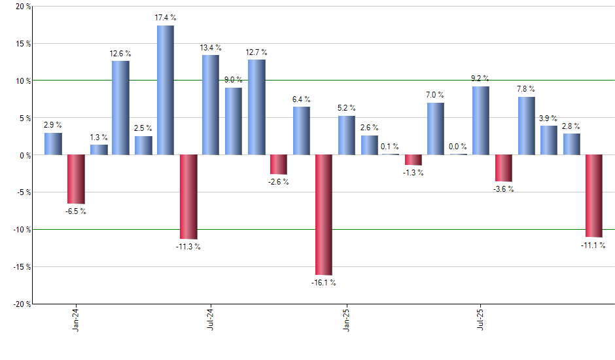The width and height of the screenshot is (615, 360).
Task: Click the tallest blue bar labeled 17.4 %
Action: [166, 90]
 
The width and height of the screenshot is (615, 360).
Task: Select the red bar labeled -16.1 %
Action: [324, 215]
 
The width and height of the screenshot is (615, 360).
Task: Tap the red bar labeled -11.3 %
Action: [188, 196]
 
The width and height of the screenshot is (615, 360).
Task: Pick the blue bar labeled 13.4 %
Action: [211, 105]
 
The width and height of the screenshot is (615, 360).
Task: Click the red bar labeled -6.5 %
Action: [76, 179]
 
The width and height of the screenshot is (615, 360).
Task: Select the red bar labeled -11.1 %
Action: [594, 196]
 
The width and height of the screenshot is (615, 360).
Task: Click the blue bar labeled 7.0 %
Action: [436, 128]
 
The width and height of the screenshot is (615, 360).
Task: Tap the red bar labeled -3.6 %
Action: [504, 168]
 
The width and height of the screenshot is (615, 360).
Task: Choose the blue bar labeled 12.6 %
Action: [120, 107]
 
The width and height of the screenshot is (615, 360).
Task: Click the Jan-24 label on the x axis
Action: [76, 319]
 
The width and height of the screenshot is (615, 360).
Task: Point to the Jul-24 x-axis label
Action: [211, 319]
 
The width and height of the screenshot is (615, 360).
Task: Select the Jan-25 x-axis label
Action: [346, 319]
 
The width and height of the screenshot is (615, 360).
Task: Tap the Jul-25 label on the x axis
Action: [481, 319]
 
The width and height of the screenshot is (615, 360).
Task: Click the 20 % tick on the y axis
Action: [22, 7]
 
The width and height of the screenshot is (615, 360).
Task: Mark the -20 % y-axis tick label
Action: [21, 304]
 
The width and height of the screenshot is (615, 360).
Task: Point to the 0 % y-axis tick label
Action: [24, 155]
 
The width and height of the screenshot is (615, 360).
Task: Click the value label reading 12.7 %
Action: [256, 52]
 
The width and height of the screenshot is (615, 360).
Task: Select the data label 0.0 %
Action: [459, 147]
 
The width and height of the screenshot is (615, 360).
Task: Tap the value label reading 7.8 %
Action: [526, 89]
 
